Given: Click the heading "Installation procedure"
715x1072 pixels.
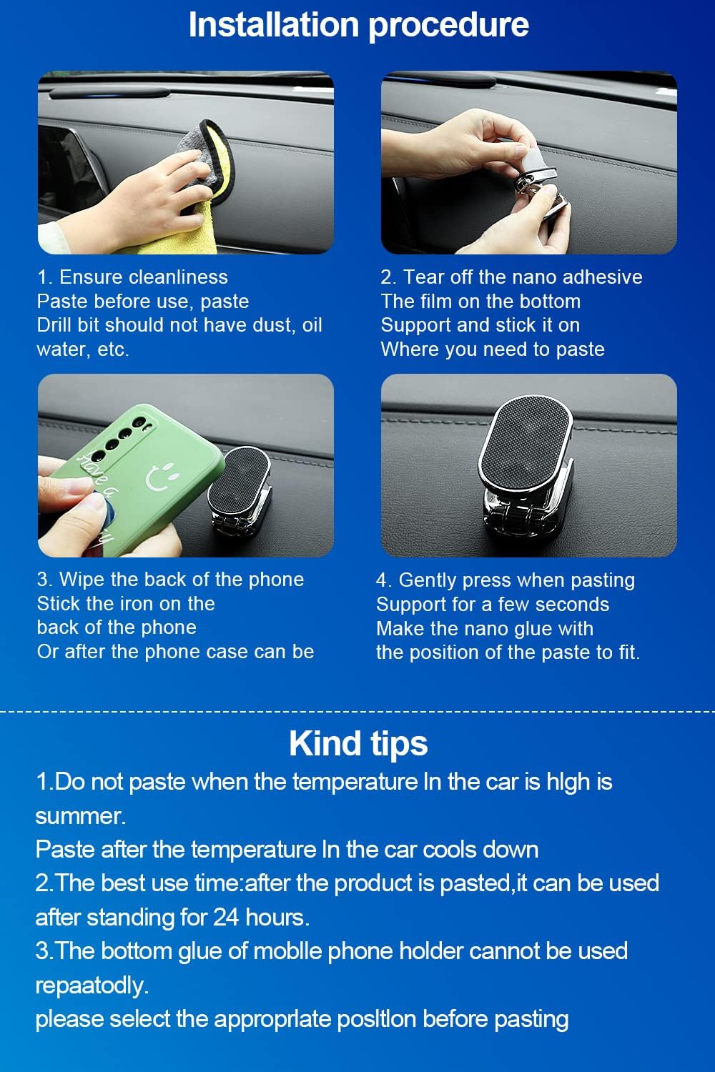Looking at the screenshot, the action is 358,26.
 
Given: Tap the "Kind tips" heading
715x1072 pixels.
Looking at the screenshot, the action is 358,744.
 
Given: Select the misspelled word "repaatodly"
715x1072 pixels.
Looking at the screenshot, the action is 92,986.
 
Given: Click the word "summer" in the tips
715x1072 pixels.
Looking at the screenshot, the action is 81,816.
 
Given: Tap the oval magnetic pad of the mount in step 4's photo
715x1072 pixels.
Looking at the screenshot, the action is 526,442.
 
